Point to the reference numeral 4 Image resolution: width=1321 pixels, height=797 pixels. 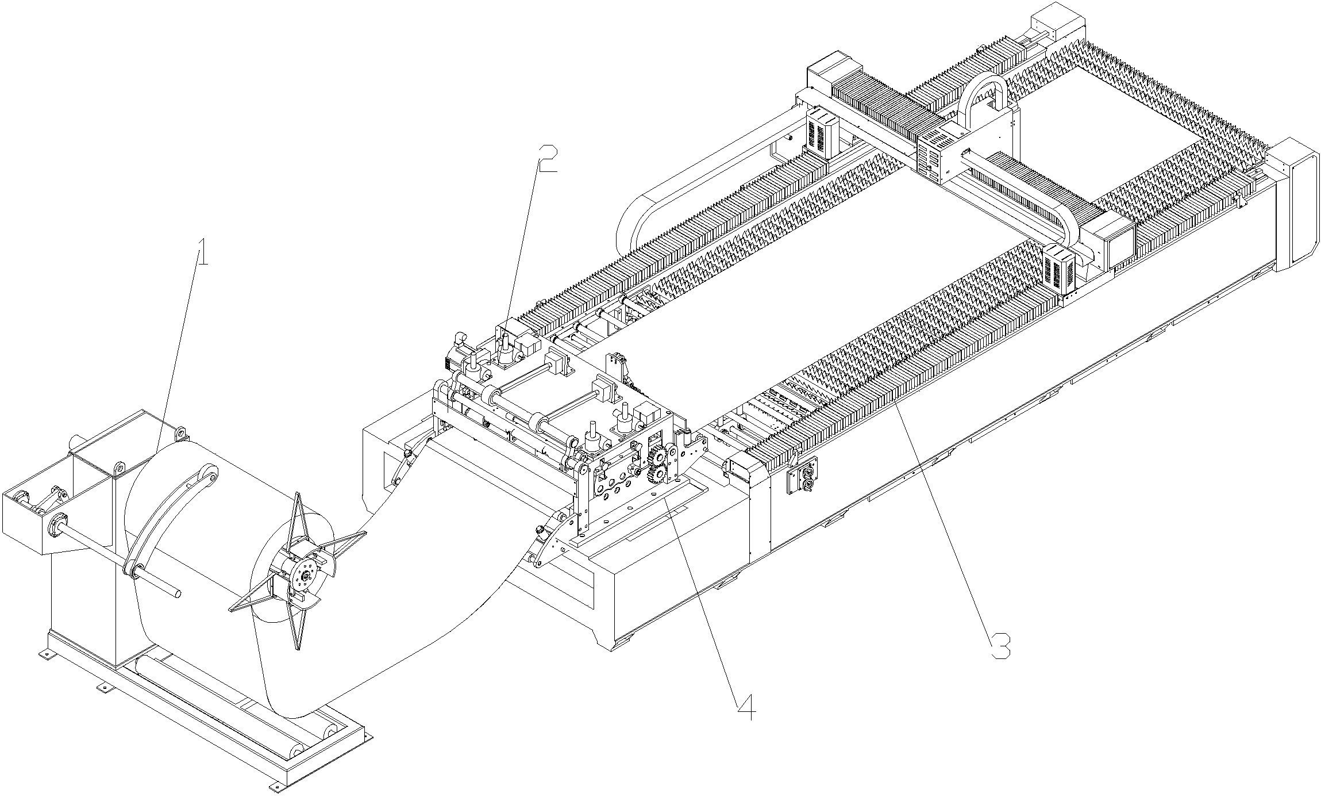[x=745, y=707]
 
